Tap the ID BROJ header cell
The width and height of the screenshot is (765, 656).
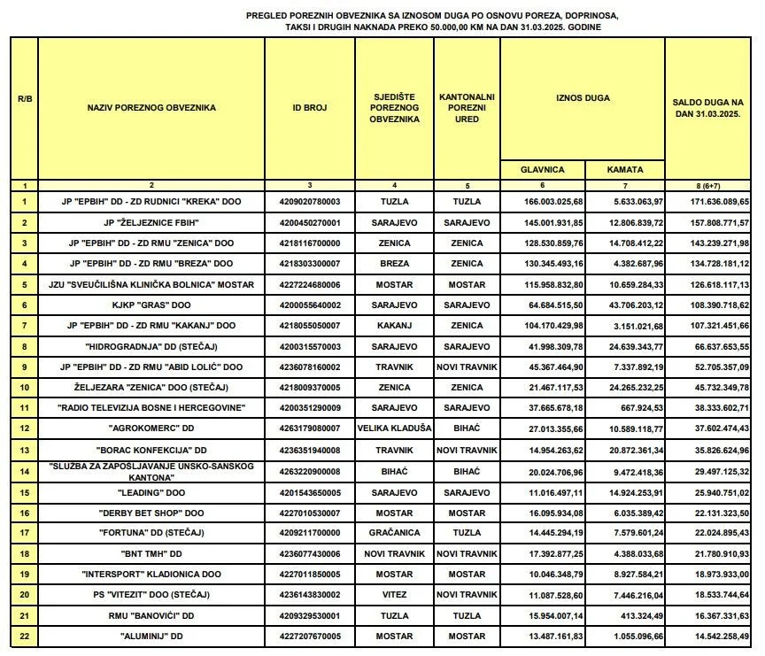click(309, 108)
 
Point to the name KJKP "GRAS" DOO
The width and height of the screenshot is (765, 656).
click(151, 305)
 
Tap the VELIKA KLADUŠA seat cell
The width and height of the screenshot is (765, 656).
click(394, 428)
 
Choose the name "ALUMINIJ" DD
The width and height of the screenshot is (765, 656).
click(151, 636)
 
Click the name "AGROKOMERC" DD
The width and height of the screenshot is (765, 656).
click(151, 428)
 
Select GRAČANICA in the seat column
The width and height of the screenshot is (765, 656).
click(394, 534)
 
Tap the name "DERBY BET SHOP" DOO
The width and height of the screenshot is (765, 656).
click(151, 513)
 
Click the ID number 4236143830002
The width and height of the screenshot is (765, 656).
click(309, 595)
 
